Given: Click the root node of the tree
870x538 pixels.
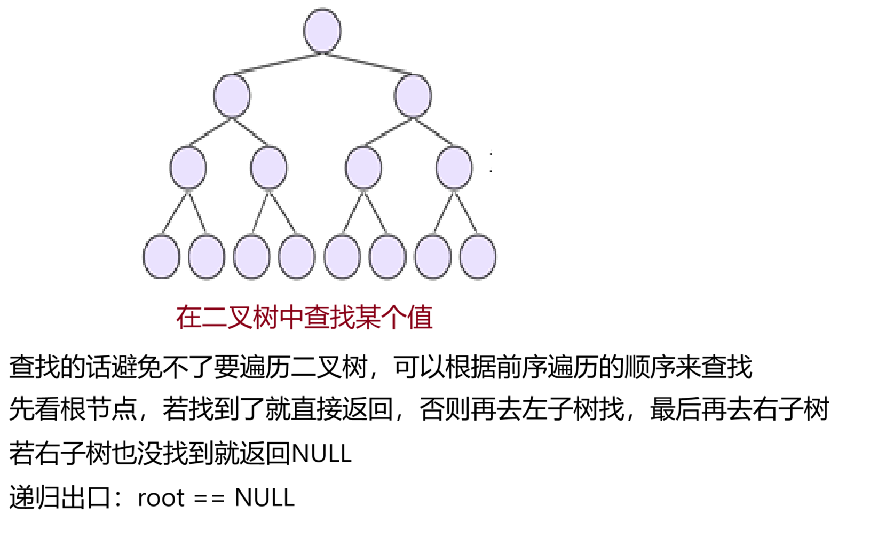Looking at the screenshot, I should coord(322,30).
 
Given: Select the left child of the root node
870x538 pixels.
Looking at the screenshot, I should coord(232,96).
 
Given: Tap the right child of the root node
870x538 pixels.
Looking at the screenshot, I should coord(413,96).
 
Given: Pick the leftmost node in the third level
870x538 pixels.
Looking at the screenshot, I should coord(188,168).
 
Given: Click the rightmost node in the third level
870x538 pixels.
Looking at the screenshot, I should coord(454,168).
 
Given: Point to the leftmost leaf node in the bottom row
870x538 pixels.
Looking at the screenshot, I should coord(161,256).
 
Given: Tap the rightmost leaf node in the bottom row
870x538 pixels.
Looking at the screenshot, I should coord(478,257).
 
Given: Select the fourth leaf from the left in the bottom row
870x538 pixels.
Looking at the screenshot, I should coord(297,257).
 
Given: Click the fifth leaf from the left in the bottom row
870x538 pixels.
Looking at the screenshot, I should coord(342,257).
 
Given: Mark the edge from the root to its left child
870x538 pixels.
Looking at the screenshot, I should coord(278,64).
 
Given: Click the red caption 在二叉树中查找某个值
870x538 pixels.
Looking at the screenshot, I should coord(304,318).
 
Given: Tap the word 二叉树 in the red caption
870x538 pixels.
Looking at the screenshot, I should coord(240,318).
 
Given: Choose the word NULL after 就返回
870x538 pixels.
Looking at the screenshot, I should coord(321,454).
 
